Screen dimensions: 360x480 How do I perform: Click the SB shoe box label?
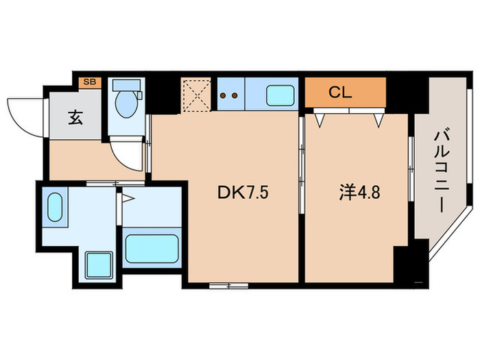tap(90, 82)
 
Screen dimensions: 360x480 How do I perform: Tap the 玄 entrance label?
tap(75, 117)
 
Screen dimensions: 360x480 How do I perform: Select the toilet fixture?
tap(125, 101)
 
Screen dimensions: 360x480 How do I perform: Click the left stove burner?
tap(224, 96)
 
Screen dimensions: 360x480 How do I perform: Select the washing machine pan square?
tap(98, 264)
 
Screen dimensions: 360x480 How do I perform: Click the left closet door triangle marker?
tap(320, 120)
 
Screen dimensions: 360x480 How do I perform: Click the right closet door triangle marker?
tap(378, 120)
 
